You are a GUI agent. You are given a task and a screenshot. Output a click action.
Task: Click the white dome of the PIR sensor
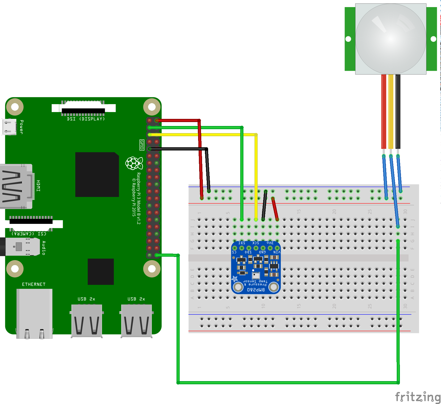tap(391, 39)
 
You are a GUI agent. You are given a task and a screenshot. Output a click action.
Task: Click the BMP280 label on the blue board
tap(256, 290)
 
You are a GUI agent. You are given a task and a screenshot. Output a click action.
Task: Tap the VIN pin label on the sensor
tap(277, 252)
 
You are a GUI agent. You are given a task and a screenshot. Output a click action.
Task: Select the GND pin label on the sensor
tap(262, 252)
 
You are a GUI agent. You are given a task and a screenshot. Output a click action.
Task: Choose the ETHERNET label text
tap(34, 284)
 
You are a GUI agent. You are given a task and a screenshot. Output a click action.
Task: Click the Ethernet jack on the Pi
tap(34, 313)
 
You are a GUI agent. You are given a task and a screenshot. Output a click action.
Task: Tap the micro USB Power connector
tap(9, 127)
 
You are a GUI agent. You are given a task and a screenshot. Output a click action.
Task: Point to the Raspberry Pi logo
tap(134, 163)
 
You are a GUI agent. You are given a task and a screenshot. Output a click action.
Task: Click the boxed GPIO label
tap(142, 145)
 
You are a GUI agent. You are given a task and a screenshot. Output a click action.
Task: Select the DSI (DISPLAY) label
tap(86, 119)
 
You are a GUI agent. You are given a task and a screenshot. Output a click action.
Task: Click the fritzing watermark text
tap(418, 397)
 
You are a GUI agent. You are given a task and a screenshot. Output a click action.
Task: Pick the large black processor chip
tap(97, 174)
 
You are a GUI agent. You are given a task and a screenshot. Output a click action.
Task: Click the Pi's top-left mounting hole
tap(15, 107)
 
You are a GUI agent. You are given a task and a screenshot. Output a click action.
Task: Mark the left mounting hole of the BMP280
tap(238, 287)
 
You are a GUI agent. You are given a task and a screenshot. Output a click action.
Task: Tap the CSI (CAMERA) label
tap(29, 234)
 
